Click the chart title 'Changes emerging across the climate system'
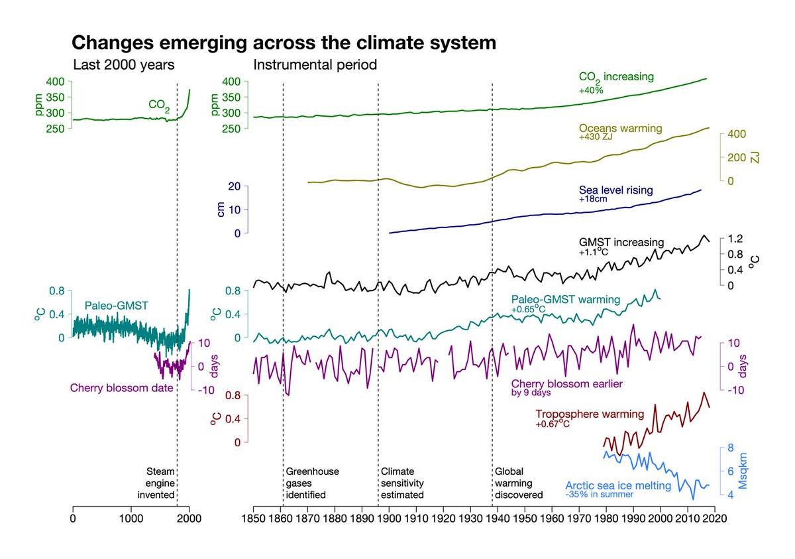point(284,43)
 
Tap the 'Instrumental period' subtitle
point(315,65)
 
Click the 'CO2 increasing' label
point(616,77)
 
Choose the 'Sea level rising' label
point(615,190)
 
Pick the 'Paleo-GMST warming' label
point(566,299)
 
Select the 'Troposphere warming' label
point(590,414)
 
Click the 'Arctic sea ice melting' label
point(618,485)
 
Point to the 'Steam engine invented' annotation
point(160,483)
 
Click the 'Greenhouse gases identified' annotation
point(313,483)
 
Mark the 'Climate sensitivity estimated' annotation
point(402,483)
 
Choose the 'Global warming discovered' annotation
point(519,483)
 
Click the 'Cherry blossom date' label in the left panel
point(121,387)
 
